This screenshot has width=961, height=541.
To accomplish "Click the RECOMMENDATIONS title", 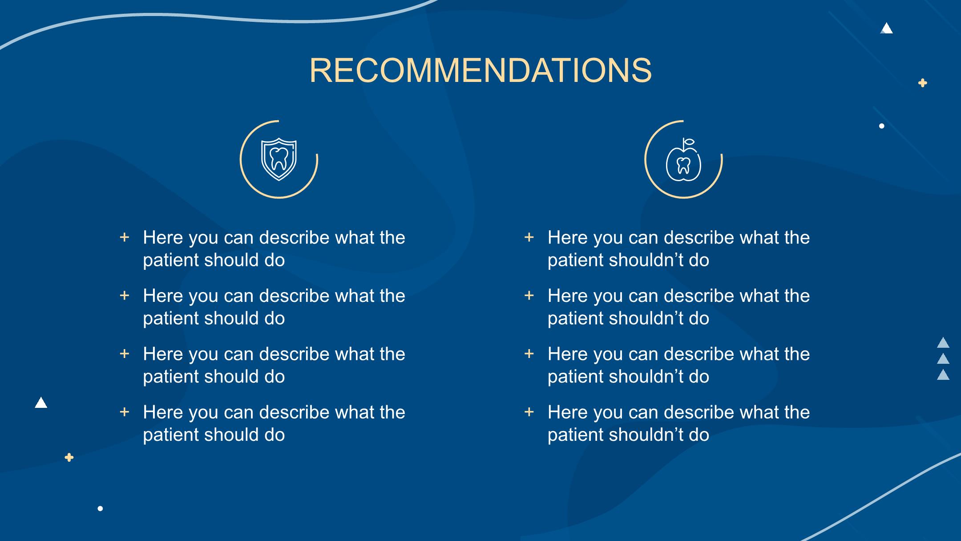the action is tap(480, 70).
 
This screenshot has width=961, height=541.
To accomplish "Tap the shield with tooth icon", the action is tap(279, 159).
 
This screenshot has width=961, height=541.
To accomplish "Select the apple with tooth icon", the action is tap(683, 160).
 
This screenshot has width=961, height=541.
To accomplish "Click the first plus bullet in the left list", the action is tap(125, 237).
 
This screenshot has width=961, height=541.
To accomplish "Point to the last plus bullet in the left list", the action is tap(125, 412).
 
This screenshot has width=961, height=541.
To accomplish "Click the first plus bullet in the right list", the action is tap(529, 237).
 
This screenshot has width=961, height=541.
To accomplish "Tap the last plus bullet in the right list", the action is tap(529, 412).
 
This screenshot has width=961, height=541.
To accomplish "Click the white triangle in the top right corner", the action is tap(886, 29).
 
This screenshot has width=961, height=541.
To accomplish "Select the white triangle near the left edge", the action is tap(41, 403).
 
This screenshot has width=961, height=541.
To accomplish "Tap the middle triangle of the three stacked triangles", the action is tap(943, 359).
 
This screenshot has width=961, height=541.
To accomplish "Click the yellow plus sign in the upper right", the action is tap(923, 83).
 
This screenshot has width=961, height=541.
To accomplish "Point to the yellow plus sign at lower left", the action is tap(69, 457).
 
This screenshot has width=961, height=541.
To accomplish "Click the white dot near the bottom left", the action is tap(100, 508).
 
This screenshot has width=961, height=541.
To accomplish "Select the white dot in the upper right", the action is tap(882, 126).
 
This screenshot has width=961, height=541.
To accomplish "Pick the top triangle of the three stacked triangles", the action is tap(943, 343).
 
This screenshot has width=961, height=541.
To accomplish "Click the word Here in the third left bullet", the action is tap(163, 354).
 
